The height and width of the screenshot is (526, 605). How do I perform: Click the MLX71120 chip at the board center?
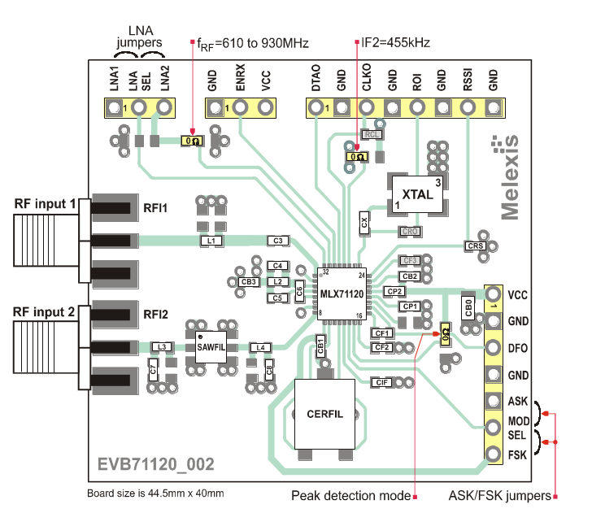(342, 293)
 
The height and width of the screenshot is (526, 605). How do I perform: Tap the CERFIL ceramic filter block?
(325, 414)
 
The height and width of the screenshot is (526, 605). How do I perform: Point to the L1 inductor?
(211, 241)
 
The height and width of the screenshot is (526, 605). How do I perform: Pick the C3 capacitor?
(278, 241)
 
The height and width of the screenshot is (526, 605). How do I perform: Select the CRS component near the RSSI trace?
(476, 246)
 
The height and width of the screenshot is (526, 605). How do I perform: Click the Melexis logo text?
(508, 176)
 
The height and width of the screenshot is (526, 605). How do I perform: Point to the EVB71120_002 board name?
(156, 464)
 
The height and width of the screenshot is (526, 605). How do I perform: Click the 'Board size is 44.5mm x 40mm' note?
(155, 493)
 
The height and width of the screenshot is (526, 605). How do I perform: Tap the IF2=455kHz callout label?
(395, 41)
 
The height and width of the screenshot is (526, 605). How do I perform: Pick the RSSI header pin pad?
(468, 107)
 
